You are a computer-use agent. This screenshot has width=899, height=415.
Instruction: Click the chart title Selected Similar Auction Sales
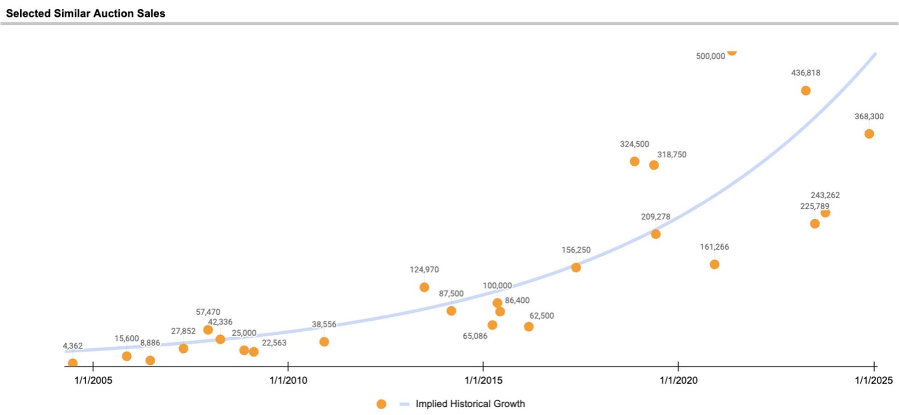coord(86,13)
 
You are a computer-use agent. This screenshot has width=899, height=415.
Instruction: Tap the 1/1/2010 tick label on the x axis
coord(288,380)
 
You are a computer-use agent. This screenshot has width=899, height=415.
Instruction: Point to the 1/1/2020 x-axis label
coord(678,380)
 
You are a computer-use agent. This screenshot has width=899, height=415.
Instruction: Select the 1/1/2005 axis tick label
coord(93,380)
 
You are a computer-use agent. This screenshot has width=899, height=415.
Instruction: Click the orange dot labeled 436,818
coord(806,91)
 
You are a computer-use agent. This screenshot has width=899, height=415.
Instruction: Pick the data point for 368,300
coord(869,134)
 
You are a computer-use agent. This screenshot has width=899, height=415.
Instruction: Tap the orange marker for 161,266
coord(714,264)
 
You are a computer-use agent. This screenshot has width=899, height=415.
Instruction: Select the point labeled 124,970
coord(424,287)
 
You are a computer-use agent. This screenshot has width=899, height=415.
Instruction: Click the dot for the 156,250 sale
coord(576,268)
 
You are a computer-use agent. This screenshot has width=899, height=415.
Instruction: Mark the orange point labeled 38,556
coord(324,342)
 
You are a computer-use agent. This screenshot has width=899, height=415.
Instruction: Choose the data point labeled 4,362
coord(73,363)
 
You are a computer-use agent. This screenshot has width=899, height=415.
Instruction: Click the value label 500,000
coord(710,56)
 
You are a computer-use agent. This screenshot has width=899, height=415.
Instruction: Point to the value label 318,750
coord(671,155)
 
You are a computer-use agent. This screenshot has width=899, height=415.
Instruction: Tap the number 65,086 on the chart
coord(475,336)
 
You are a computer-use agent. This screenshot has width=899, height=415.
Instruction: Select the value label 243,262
coord(825,195)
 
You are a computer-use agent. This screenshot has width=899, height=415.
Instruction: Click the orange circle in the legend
coord(381,404)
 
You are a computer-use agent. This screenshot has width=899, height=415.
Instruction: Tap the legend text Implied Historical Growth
coord(470,404)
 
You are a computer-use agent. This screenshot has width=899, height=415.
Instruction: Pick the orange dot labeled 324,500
coord(634,162)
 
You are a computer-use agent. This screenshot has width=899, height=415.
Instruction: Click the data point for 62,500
coord(529,327)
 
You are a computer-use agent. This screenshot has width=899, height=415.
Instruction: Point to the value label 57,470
coord(208,312)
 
